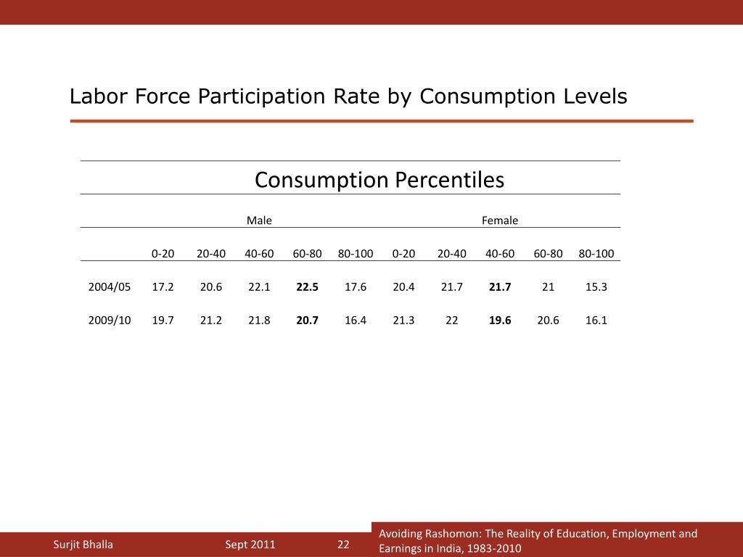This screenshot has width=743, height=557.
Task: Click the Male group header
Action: (259, 220)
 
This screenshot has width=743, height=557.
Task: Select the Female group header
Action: (500, 220)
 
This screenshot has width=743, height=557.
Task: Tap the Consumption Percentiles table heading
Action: (379, 180)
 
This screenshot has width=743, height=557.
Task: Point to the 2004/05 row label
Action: (110, 286)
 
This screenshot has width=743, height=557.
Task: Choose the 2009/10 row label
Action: (110, 320)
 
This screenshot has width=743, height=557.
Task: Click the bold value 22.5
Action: (307, 286)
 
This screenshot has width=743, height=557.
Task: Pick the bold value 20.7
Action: (307, 320)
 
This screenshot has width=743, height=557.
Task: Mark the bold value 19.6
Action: (500, 320)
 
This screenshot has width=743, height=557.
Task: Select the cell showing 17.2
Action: (163, 286)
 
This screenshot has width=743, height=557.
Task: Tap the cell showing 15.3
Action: (596, 286)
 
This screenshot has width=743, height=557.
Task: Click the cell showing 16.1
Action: (596, 320)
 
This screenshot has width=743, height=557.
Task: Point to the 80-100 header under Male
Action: (356, 253)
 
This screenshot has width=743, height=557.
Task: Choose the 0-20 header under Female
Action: (403, 253)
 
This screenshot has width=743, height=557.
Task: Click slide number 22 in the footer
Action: (343, 545)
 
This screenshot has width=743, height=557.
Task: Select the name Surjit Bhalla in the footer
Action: (83, 545)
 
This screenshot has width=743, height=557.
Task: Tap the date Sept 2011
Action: (250, 545)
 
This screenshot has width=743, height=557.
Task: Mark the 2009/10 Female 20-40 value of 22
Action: (451, 320)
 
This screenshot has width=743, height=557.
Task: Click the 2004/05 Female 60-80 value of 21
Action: (548, 286)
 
